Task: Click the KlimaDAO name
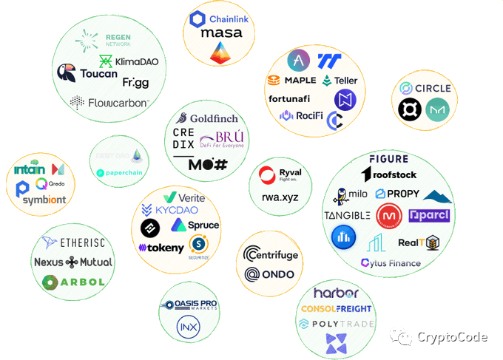tap(136, 61)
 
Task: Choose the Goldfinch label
tap(213, 118)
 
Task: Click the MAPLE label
tap(300, 80)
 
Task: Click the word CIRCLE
tap(432, 89)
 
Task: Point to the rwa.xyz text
tap(279, 197)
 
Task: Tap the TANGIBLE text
tap(346, 216)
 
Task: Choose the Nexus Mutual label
tap(73, 262)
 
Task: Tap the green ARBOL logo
tap(70, 282)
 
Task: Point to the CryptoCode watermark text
tap(452, 338)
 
